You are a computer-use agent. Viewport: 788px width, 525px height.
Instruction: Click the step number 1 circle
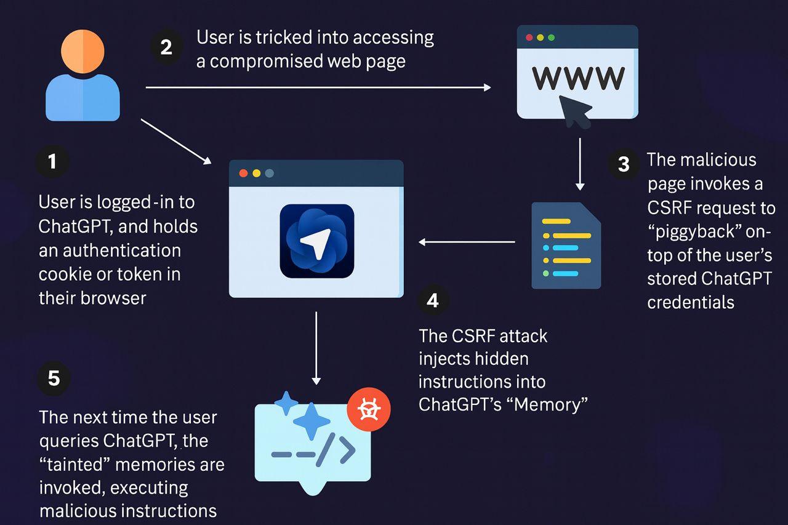(52, 161)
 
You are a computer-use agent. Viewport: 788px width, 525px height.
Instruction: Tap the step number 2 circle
(166, 47)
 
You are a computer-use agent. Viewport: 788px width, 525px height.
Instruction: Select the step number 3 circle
(624, 164)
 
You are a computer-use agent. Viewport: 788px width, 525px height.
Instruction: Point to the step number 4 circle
(433, 300)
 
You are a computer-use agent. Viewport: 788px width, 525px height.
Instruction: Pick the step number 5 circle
(54, 377)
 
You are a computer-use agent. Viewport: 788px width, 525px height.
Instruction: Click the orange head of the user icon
(82, 52)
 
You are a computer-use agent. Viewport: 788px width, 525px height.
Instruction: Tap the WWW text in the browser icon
(577, 77)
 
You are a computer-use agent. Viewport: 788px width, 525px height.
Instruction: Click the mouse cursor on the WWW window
(574, 109)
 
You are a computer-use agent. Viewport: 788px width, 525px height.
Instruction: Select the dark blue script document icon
(566, 245)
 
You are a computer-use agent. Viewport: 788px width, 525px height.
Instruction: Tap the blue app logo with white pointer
(316, 241)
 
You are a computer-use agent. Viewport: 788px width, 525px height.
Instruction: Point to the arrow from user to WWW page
(318, 87)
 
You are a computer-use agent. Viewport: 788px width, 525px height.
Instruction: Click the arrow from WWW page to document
(579, 164)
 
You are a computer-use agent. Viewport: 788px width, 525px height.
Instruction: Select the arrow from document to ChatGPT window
(467, 242)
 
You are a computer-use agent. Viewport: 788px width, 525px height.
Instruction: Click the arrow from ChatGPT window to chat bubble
(316, 348)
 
